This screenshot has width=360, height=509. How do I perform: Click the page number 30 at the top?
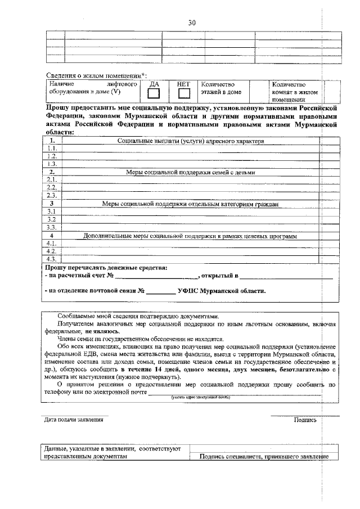(192, 22)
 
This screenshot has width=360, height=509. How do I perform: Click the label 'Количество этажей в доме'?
(221, 88)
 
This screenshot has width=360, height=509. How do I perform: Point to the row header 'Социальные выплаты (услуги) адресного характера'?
(190, 141)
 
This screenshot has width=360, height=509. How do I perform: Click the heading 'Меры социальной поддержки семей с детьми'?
(190, 172)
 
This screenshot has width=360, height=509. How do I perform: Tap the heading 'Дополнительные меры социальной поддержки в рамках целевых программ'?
(190, 236)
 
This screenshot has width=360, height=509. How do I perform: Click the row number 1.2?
(52, 156)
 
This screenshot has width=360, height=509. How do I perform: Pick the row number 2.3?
(52, 195)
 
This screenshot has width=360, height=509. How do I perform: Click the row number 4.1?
(52, 244)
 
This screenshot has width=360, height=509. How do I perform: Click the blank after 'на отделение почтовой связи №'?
(161, 291)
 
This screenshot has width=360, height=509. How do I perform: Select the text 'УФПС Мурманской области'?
(221, 291)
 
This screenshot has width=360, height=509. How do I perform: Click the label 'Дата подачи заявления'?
(74, 420)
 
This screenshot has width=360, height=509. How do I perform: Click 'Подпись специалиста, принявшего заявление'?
(264, 457)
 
